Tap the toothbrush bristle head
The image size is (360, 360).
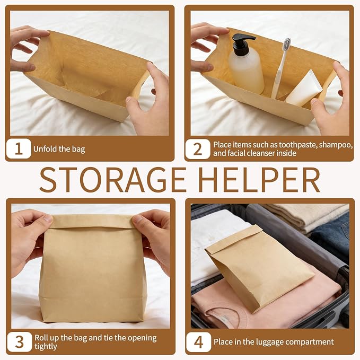pos(286,45)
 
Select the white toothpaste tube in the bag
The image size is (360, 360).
pos(303,89)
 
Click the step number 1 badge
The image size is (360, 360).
pos(19,148)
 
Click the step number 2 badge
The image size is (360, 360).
pos(198,149)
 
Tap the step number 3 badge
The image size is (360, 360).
pos(19,341)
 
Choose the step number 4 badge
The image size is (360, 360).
pos(199,342)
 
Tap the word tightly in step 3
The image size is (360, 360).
pos(46,346)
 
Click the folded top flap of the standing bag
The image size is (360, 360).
pos(92,221)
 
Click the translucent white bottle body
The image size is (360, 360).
pos(247,74)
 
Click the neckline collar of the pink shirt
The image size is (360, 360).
pos(227,315)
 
